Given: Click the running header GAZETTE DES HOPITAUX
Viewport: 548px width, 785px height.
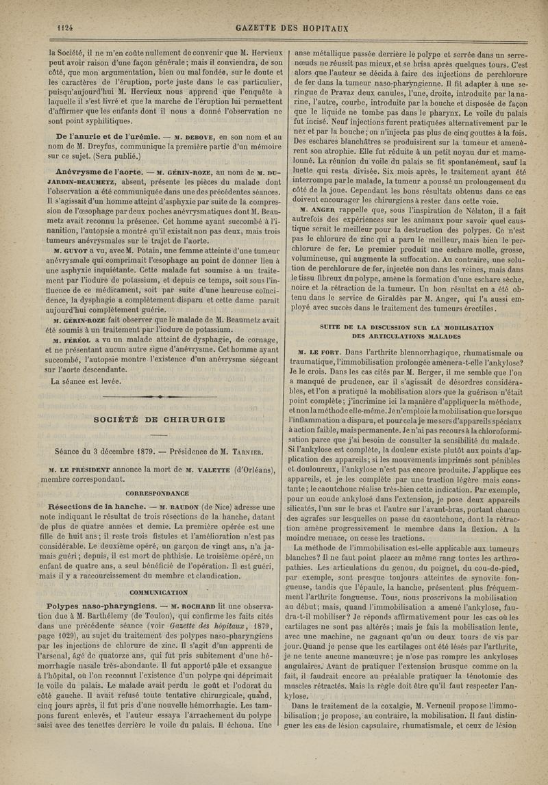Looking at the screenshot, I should click(x=292, y=28).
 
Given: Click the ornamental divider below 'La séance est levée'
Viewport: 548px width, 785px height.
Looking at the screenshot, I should click(x=158, y=397).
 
